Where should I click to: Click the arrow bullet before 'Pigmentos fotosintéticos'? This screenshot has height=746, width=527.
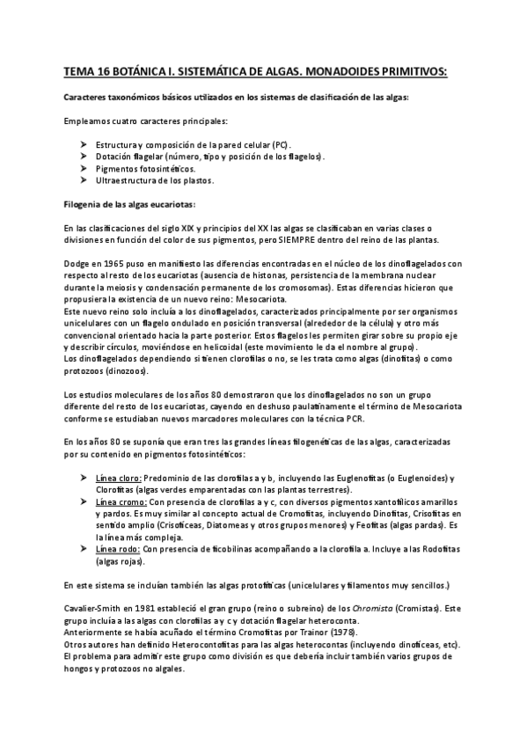tap(82, 168)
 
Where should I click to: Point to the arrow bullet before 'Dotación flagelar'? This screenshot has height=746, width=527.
tap(82, 156)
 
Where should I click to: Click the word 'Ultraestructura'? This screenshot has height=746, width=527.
tap(121, 180)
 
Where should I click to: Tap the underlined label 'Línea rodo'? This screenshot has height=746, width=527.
tap(117, 548)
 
